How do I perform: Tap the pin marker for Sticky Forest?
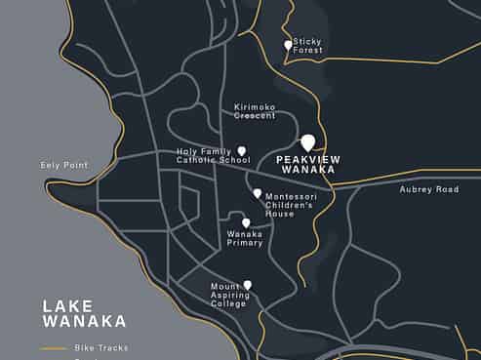288,45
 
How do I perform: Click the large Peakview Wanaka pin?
307,143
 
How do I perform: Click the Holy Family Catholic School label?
206,155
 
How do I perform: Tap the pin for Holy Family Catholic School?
242,151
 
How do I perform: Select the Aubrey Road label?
428,189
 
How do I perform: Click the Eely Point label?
64,166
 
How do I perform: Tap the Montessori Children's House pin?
258,194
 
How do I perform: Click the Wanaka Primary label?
245,238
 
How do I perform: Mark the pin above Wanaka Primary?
246,222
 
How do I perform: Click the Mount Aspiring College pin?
248,285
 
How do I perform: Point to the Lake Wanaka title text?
84,313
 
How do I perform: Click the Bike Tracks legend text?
102,347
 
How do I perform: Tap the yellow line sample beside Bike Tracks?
54,348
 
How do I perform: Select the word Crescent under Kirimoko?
255,116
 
